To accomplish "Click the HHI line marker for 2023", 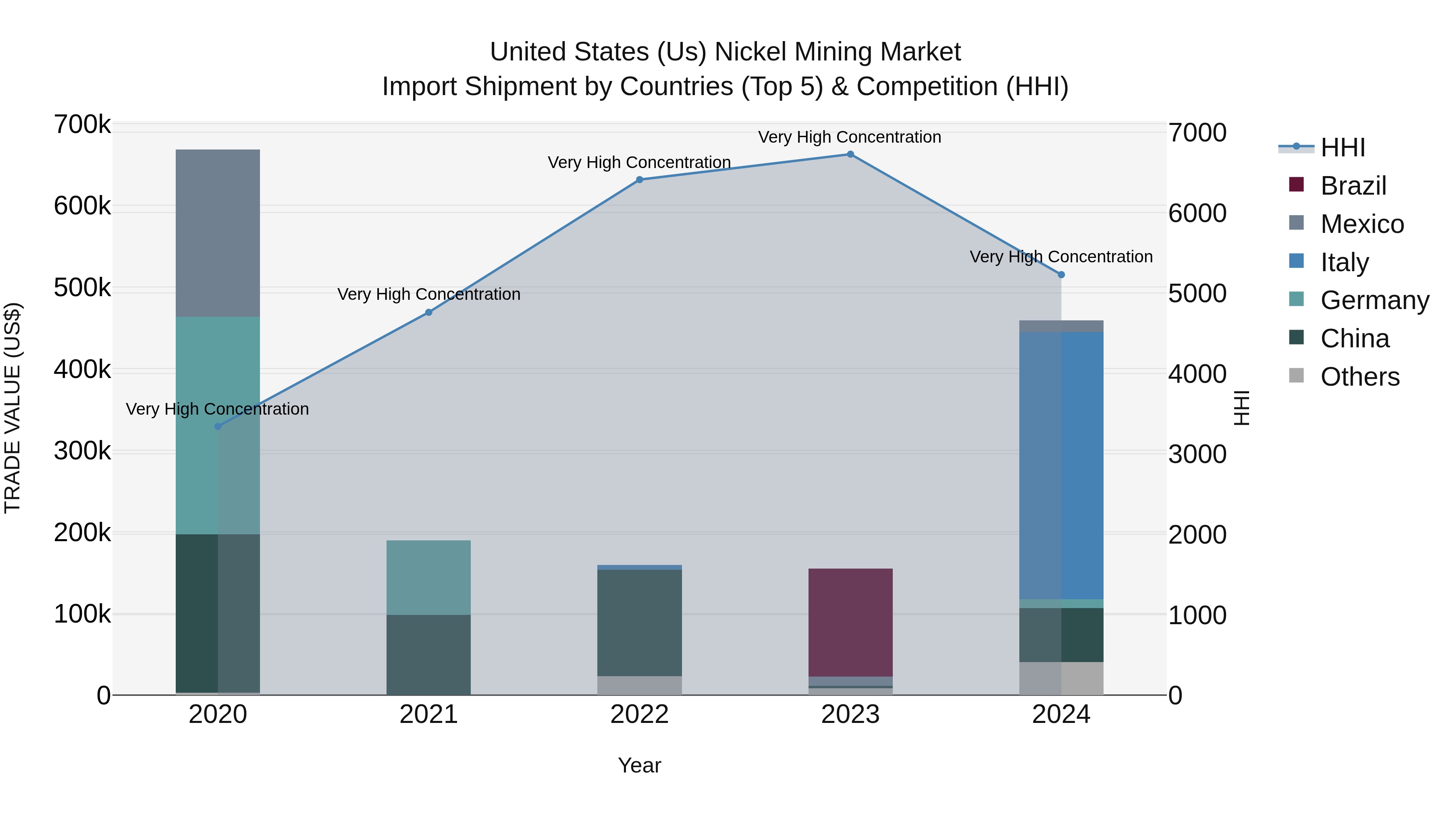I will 850,154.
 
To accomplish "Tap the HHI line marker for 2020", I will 218,426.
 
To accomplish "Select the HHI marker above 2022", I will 639,180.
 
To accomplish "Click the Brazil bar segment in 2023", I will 850,622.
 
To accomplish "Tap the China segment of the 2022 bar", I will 639,622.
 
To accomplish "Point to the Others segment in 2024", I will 1061,678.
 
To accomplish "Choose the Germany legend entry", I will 1374,300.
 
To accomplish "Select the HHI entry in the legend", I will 1342,147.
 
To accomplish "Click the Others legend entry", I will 1359,377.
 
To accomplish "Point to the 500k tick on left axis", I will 82,288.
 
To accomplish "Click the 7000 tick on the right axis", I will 1197,133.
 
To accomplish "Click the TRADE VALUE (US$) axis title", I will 12,408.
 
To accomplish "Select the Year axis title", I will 639,765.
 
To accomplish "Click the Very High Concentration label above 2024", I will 1061,257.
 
